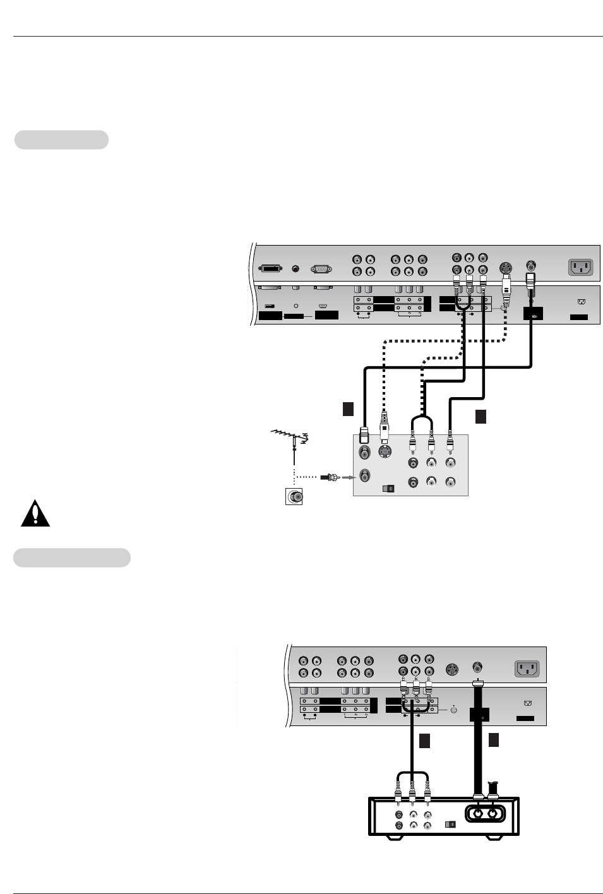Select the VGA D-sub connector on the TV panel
[x=321, y=269]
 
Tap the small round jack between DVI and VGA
[x=296, y=269]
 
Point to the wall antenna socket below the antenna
[x=294, y=497]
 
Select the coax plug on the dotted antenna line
[x=330, y=478]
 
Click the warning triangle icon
[x=35, y=513]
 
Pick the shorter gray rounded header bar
[x=61, y=140]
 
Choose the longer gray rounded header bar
[x=72, y=557]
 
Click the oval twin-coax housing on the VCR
[x=485, y=813]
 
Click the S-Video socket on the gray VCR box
[x=385, y=451]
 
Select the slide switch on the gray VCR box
[x=389, y=488]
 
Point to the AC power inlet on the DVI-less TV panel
[x=527, y=668]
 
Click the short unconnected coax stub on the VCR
[x=493, y=789]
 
